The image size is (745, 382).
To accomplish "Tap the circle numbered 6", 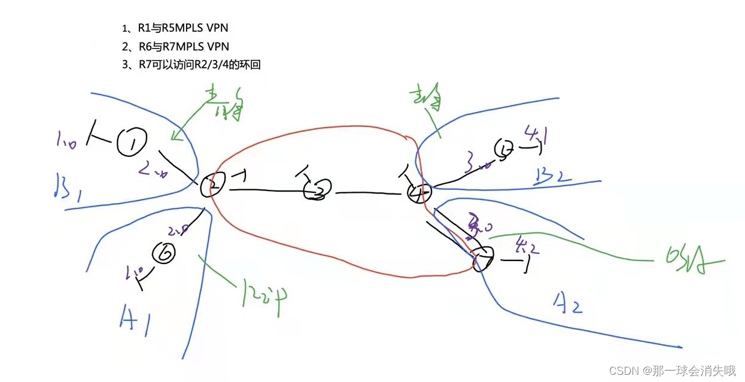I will [x=164, y=254].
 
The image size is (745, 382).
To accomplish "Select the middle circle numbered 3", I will [x=317, y=190].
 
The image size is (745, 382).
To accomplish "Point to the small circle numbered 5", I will [x=504, y=149].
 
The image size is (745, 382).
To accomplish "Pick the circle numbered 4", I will [x=418, y=193].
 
